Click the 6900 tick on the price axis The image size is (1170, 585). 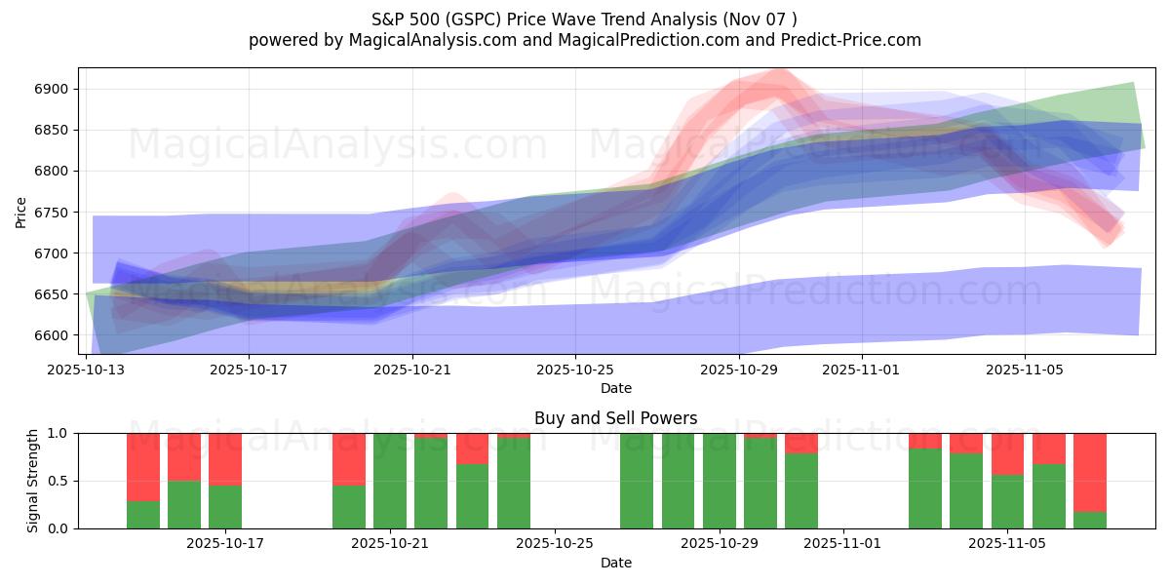(51, 90)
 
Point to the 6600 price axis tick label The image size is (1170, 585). (51, 335)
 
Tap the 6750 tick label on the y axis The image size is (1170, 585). (51, 213)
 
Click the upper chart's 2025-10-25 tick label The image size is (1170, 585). (575, 370)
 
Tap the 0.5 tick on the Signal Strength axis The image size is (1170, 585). (58, 481)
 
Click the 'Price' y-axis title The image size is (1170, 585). (21, 212)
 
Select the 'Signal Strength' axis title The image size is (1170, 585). (33, 481)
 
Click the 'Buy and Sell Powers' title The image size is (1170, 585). (616, 418)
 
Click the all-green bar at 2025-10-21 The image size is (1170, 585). (390, 481)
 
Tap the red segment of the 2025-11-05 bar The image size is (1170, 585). (1008, 453)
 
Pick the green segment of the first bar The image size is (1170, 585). (143, 515)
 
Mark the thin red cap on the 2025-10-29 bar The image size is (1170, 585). (760, 435)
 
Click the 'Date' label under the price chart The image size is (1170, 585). (616, 388)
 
